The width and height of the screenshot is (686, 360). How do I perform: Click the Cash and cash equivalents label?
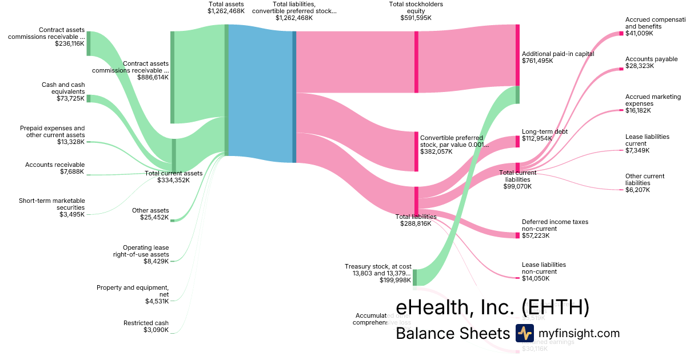pyautogui.click(x=63, y=88)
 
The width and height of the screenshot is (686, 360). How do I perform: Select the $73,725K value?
pyautogui.click(x=70, y=98)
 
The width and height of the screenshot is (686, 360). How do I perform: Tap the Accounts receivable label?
pyautogui.click(x=55, y=165)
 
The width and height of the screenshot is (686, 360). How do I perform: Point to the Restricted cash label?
pyautogui.click(x=146, y=323)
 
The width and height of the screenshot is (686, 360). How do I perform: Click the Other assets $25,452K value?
pyautogui.click(x=154, y=217)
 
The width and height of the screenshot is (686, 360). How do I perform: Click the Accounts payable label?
pyautogui.click(x=651, y=59)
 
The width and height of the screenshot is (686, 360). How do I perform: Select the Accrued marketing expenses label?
pyautogui.click(x=645, y=100)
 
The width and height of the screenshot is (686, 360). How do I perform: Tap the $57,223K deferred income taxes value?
pyautogui.click(x=536, y=235)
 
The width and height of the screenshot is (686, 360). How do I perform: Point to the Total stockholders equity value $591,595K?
pyautogui.click(x=416, y=18)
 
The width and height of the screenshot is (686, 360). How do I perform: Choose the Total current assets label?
pyautogui.click(x=174, y=173)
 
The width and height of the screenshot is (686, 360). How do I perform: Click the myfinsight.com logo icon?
pyautogui.click(x=524, y=333)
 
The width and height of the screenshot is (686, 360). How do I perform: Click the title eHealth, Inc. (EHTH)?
pyautogui.click(x=492, y=307)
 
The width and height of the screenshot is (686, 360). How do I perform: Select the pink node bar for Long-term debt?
pyautogui.click(x=517, y=142)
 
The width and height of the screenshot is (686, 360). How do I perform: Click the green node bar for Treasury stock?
pyautogui.click(x=415, y=277)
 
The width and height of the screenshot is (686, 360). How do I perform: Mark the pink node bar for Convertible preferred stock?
pyautogui.click(x=416, y=151)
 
